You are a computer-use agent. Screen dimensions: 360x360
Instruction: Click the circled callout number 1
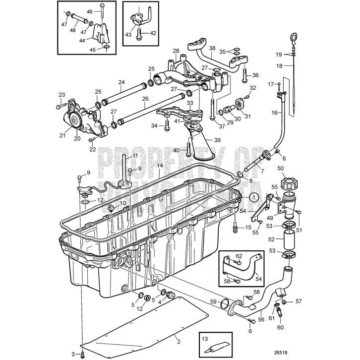point(254,197)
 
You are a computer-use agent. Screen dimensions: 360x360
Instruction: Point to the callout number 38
point(212,49)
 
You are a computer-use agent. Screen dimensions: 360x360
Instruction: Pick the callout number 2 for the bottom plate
point(178,342)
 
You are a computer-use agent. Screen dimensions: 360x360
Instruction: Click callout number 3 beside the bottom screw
point(73,354)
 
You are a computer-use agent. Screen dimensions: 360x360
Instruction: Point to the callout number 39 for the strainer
point(217,141)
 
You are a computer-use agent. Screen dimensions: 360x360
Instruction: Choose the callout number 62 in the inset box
point(239,256)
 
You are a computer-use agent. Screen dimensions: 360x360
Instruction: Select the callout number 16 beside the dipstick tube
point(274,113)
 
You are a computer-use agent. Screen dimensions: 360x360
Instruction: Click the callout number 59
point(212,301)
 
